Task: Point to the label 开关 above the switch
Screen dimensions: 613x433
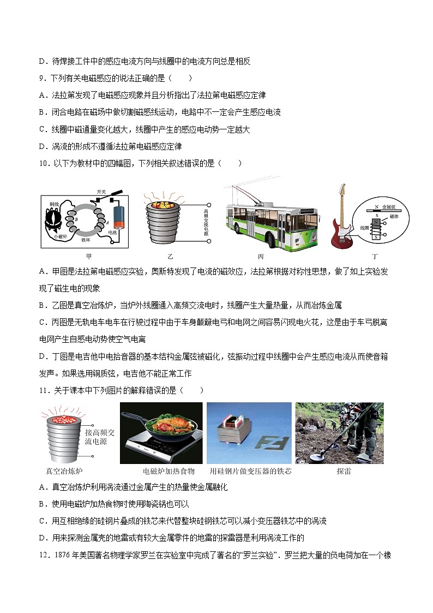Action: click(x=101, y=192)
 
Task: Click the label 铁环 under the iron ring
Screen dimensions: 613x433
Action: click(x=86, y=239)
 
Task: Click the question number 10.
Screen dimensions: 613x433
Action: click(x=45, y=163)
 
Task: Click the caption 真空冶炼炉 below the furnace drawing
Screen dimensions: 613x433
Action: click(x=64, y=471)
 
